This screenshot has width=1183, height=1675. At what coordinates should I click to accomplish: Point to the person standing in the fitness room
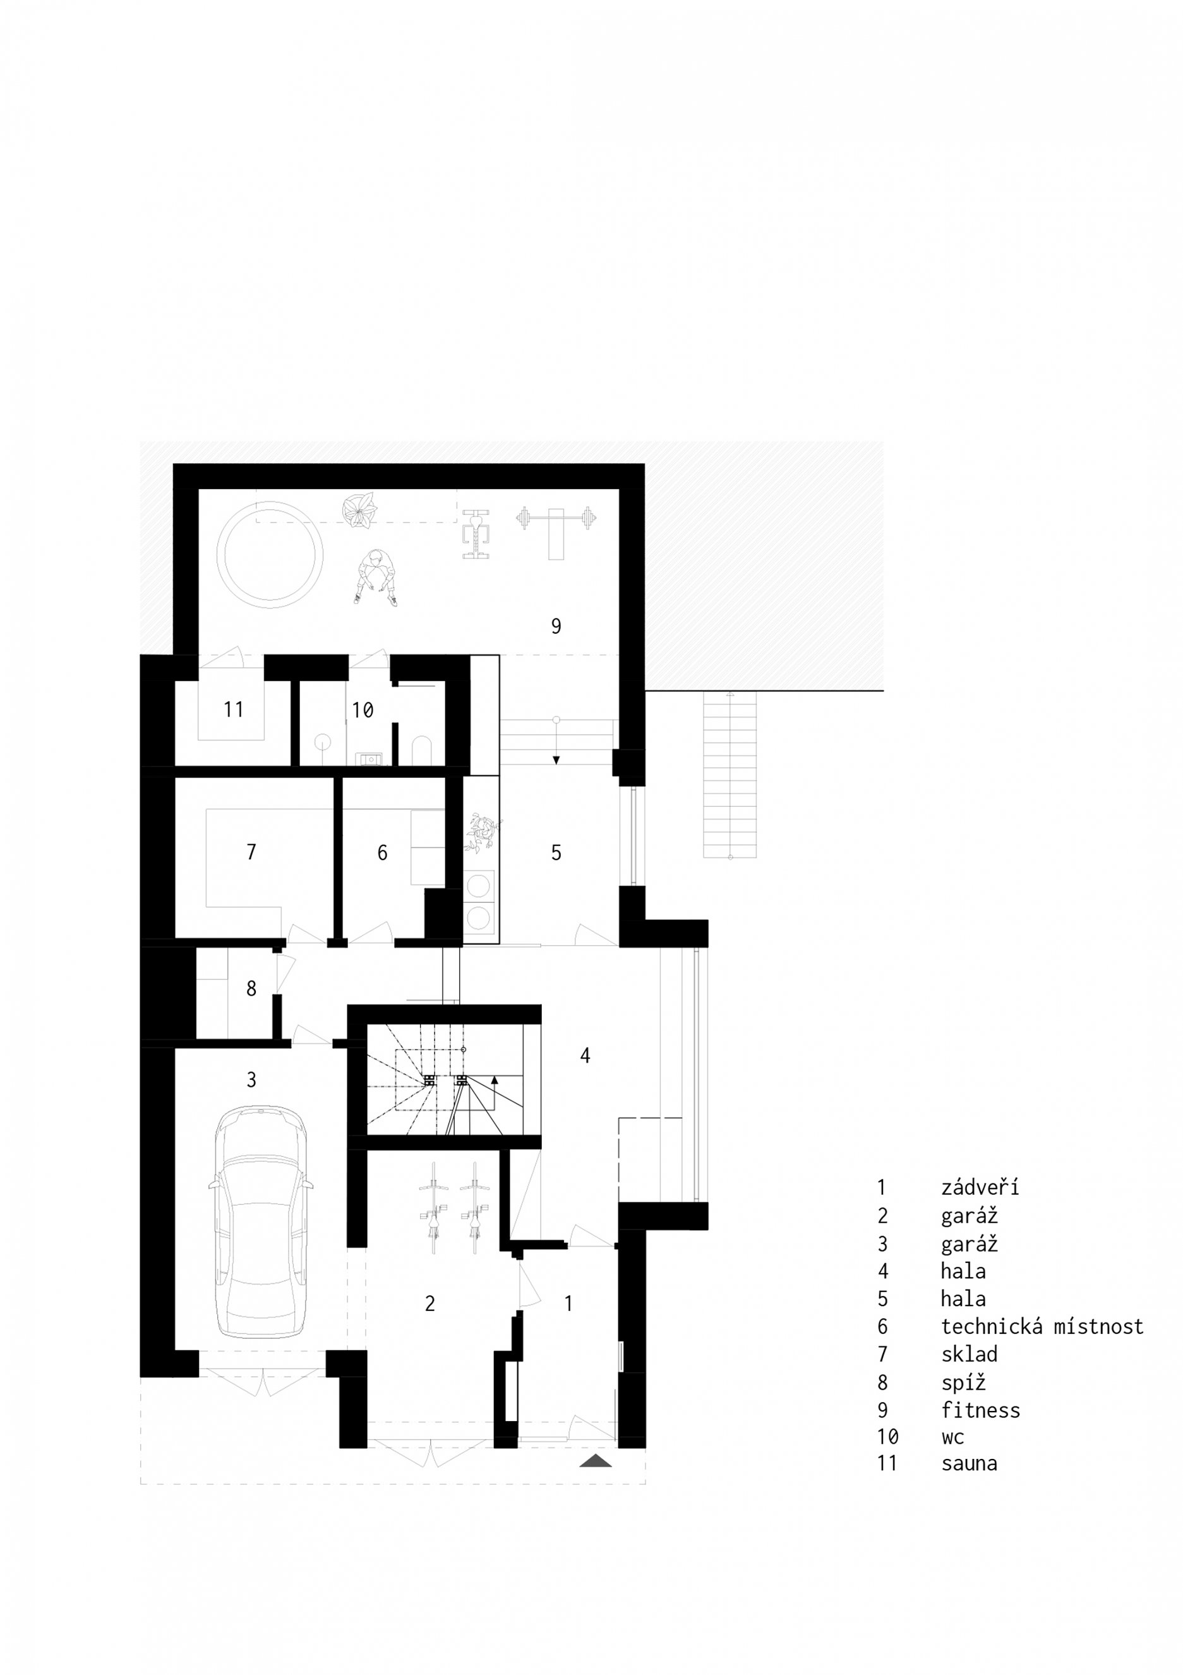376,577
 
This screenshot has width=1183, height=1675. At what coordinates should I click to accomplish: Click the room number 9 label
556,626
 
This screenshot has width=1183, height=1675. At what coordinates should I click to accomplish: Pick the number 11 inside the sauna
234,708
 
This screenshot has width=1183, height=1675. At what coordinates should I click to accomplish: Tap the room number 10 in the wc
363,709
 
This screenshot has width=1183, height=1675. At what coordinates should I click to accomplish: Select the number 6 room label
382,852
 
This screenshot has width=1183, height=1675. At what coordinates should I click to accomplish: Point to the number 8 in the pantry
251,989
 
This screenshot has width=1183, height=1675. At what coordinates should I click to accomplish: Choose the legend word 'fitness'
980,1410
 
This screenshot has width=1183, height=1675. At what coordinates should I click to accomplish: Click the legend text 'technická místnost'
1042,1326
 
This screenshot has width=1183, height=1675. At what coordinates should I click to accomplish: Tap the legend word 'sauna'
970,1463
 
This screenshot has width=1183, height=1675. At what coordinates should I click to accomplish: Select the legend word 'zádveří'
980,1188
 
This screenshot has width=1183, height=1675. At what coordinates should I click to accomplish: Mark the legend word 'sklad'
970,1354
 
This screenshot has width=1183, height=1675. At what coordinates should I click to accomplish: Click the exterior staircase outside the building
730,775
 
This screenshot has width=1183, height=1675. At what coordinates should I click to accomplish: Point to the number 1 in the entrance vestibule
569,1303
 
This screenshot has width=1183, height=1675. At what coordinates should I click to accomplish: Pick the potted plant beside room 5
482,832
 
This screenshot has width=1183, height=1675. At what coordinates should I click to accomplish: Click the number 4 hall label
585,1055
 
